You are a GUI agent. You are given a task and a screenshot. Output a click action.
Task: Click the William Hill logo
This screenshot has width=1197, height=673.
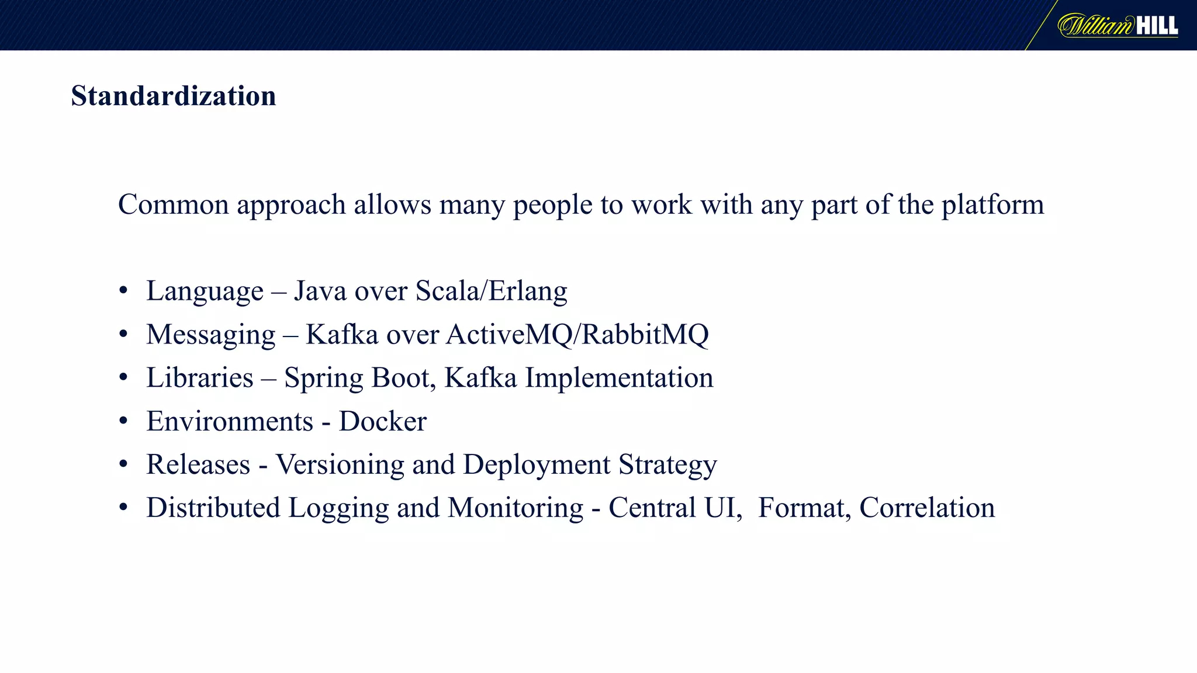pyautogui.click(x=1118, y=26)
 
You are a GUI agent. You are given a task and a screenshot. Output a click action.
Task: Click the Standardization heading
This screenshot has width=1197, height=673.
pyautogui.click(x=173, y=96)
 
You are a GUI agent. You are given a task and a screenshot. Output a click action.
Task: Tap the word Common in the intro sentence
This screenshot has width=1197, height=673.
pyautogui.click(x=174, y=205)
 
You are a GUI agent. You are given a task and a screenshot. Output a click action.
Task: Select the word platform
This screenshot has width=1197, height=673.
pyautogui.click(x=992, y=205)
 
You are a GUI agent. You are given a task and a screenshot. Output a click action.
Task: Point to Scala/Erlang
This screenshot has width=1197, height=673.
pyautogui.click(x=491, y=291)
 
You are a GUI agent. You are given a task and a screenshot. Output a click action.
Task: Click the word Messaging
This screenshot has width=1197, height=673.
pyautogui.click(x=210, y=335)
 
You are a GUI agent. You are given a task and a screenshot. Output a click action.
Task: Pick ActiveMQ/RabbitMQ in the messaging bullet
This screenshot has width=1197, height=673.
pyautogui.click(x=577, y=335)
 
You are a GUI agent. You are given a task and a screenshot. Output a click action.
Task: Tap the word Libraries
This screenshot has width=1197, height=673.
pyautogui.click(x=200, y=378)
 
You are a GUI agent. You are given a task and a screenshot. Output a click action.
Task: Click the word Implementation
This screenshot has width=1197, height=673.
pyautogui.click(x=619, y=378)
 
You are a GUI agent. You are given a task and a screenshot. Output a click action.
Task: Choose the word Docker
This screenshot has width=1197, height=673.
pyautogui.click(x=383, y=421)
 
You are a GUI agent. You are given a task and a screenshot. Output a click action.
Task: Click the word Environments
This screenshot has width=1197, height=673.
pyautogui.click(x=230, y=421)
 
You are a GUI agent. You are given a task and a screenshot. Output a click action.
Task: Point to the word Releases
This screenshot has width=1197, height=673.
pyautogui.click(x=198, y=465)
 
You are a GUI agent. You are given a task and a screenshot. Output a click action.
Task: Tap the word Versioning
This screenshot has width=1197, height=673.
pyautogui.click(x=340, y=465)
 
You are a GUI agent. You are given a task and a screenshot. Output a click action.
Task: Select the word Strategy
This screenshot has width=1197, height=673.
pyautogui.click(x=667, y=465)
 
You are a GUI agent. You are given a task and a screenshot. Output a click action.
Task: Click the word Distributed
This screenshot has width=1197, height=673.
pyautogui.click(x=213, y=508)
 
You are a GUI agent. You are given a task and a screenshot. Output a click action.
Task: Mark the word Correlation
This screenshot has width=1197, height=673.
pyautogui.click(x=927, y=508)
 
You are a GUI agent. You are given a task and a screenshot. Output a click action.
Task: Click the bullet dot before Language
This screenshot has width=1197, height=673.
pyautogui.click(x=123, y=291)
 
